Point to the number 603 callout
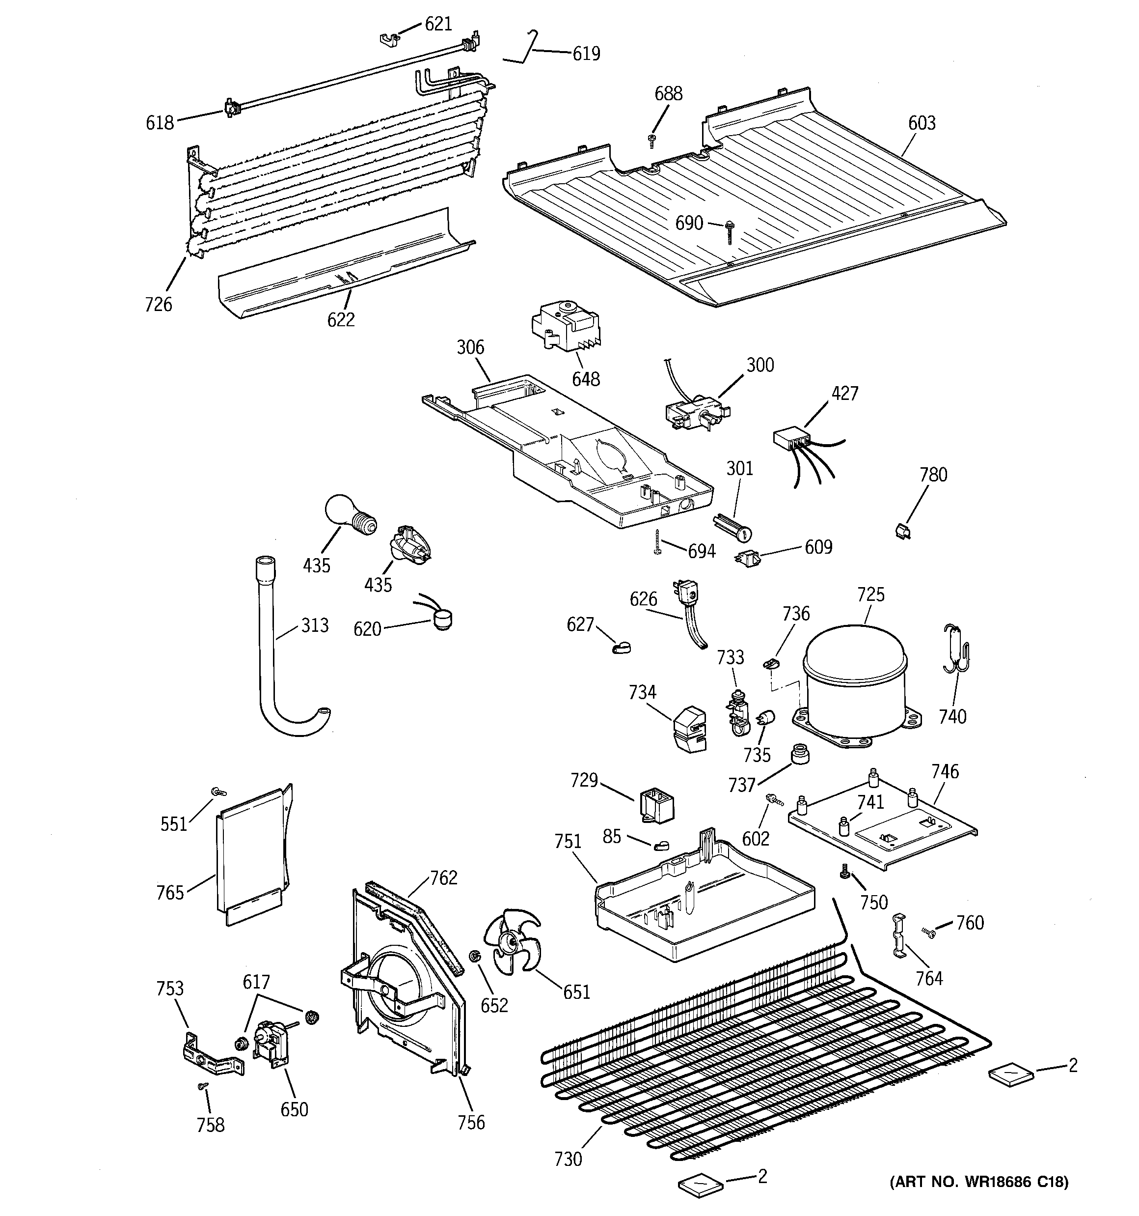(x=922, y=123)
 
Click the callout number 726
(x=159, y=304)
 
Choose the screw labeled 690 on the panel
(x=728, y=232)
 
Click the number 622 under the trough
(x=341, y=319)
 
